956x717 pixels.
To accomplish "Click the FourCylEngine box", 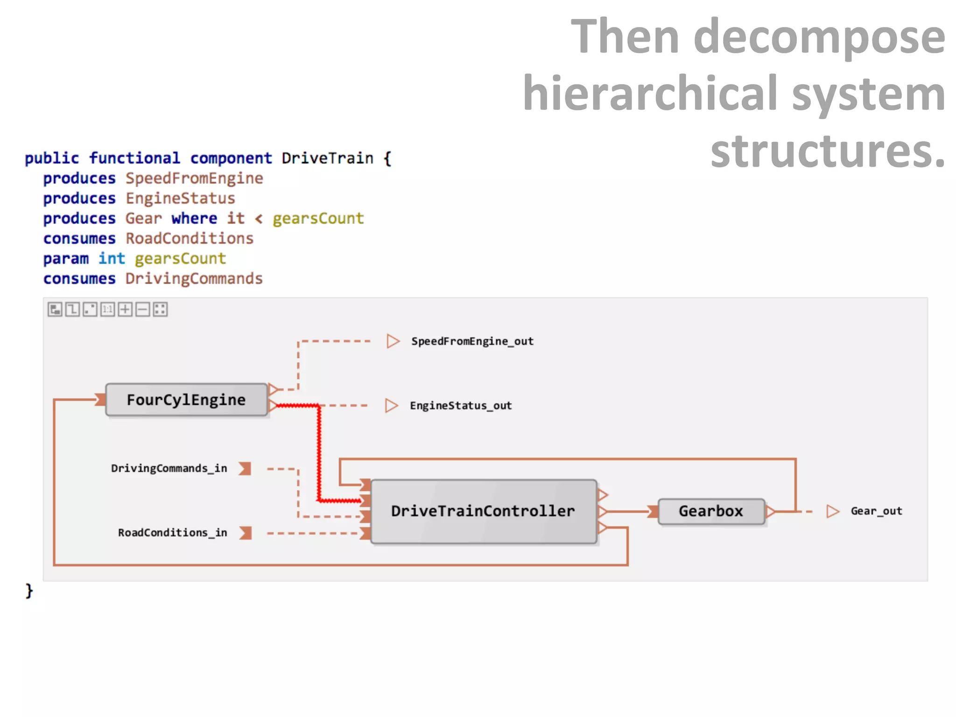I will pos(186,400).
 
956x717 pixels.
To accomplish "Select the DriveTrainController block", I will pos(483,511).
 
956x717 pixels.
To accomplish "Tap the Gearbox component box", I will pos(710,511).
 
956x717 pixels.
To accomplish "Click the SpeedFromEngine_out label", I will pos(472,341).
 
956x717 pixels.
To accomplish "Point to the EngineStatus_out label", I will pos(460,406).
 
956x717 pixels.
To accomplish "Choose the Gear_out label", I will pos(876,511).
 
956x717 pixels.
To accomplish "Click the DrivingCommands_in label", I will pos(169,468).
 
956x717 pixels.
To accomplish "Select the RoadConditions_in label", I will pos(172,533).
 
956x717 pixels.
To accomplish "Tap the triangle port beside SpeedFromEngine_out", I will pos(393,341).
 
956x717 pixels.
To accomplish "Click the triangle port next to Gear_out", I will pos(832,511).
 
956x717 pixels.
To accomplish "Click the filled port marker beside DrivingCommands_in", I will pos(245,469).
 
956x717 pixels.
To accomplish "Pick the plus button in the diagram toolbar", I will pos(125,309).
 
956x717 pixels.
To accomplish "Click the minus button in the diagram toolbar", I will pos(143,309).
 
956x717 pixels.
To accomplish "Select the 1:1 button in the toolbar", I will pos(108,309).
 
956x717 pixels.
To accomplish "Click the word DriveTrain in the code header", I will pos(327,158).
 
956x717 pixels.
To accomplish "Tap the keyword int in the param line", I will pos(112,259).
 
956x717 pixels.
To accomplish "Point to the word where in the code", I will pos(194,218).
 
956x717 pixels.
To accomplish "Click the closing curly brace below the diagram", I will pos(29,590).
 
